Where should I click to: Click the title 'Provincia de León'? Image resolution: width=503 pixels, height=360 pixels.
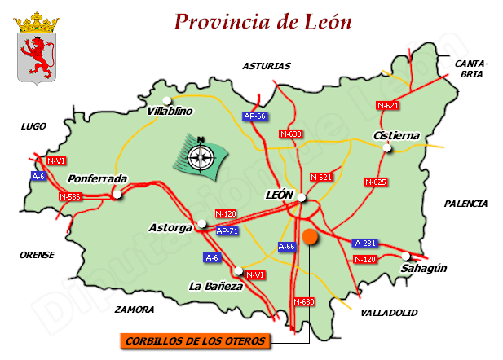[x=263, y=21]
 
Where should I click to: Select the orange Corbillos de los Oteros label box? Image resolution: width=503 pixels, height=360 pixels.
[x=196, y=341]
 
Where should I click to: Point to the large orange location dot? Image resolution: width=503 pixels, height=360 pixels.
[x=310, y=237]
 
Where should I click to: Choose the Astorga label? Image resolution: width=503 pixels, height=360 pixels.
[x=170, y=228]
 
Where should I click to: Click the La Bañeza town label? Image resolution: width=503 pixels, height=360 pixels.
[x=216, y=287]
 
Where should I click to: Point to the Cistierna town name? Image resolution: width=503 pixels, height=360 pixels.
[x=395, y=135]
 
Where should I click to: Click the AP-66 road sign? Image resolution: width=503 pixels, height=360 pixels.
[x=255, y=116]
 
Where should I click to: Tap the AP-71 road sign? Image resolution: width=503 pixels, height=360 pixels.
[x=228, y=230]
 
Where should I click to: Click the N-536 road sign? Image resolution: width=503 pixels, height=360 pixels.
[x=71, y=197]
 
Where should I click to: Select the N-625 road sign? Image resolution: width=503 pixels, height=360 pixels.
[x=375, y=182]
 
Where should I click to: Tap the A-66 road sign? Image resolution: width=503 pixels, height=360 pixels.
[x=286, y=245]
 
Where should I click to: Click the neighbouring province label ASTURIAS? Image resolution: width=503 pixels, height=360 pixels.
[x=266, y=67]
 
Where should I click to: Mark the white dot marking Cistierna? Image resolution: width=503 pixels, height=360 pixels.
[x=389, y=147]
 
